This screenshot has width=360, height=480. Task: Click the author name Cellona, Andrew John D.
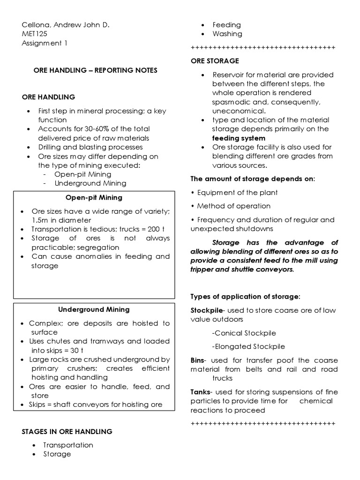pyautogui.click(x=66, y=25)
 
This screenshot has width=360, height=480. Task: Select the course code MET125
pyautogui.click(x=35, y=34)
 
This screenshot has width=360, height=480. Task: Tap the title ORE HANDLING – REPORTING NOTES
pyautogui.click(x=95, y=70)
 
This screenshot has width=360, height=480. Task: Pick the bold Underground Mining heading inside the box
pyautogui.click(x=94, y=309)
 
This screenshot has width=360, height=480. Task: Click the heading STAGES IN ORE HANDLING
pyautogui.click(x=67, y=431)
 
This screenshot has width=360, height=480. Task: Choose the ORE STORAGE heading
pyautogui.click(x=215, y=61)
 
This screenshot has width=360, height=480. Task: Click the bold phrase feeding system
pyautogui.click(x=239, y=138)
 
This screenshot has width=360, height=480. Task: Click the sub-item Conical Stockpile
pyautogui.click(x=244, y=333)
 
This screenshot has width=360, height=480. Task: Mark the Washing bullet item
pyautogui.click(x=227, y=34)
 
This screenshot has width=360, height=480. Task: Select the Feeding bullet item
pyautogui.click(x=226, y=25)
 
